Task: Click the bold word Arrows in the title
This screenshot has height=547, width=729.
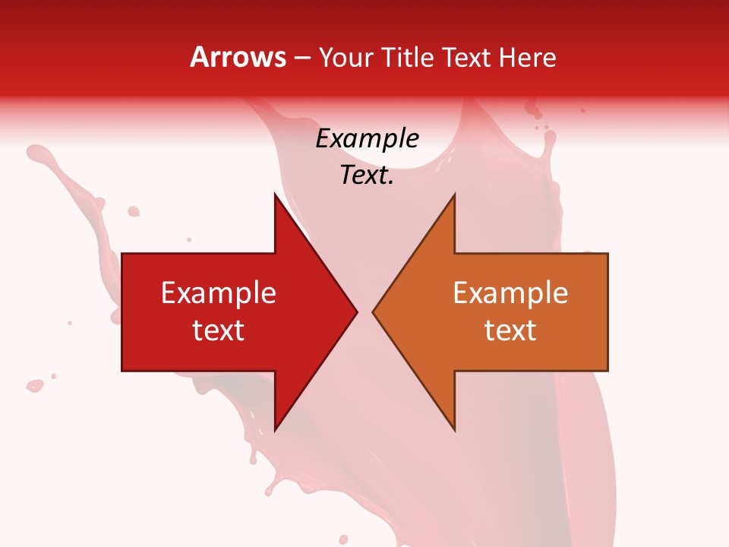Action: coord(238,58)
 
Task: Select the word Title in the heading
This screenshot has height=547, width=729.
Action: coord(407,58)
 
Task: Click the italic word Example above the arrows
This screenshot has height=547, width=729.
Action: coord(367,139)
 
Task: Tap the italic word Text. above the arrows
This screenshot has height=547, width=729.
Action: coord(367,175)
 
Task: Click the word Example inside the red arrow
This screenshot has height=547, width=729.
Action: coord(219,293)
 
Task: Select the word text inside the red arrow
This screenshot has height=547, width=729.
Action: coord(219,330)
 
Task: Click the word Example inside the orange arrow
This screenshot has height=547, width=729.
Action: coord(510,293)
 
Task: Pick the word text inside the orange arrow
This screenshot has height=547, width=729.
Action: coord(510,330)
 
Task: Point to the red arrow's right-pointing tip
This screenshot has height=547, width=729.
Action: coord(356,312)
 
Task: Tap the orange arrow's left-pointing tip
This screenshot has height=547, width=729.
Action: coord(373,312)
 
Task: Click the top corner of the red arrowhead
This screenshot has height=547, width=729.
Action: coord(275,194)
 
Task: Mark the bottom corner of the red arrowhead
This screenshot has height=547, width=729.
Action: coord(275,430)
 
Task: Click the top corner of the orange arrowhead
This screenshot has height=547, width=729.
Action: coord(454,194)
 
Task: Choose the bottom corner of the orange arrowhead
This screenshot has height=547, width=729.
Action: coord(454,430)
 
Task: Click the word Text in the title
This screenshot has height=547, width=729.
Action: coord(465,58)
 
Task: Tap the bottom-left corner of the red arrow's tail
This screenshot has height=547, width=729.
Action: coord(122,370)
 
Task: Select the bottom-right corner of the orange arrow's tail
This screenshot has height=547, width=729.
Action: coord(607,370)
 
